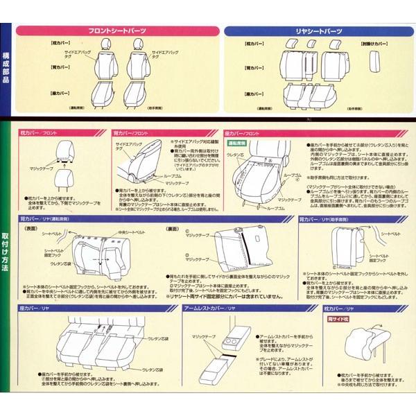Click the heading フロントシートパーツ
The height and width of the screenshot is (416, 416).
(115, 32)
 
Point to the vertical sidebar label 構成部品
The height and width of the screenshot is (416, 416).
(6, 67)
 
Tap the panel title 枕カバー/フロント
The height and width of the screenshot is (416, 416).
(37, 132)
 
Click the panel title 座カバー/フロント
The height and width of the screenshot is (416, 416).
(242, 132)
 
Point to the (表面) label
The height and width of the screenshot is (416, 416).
(31, 228)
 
